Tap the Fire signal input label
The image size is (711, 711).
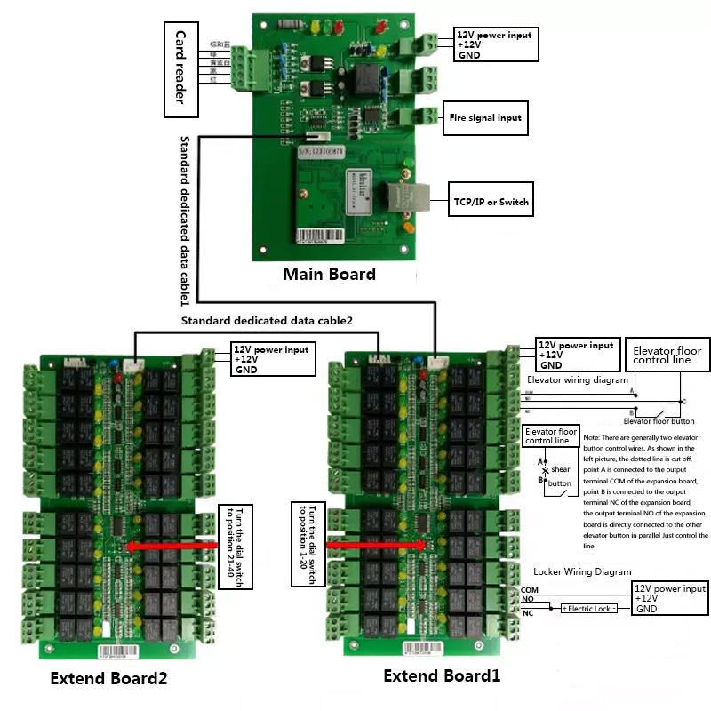pos(485,117)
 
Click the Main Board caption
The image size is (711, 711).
pos(329,274)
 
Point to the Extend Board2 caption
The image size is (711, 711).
pos(108,679)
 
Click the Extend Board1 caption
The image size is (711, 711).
pos(442,676)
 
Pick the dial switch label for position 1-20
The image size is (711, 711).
pos(308,544)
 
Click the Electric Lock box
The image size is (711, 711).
pos(588,609)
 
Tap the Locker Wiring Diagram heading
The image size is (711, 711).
pos(582,571)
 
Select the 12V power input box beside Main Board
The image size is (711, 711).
pos(496,44)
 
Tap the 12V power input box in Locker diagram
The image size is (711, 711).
pos(670,599)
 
